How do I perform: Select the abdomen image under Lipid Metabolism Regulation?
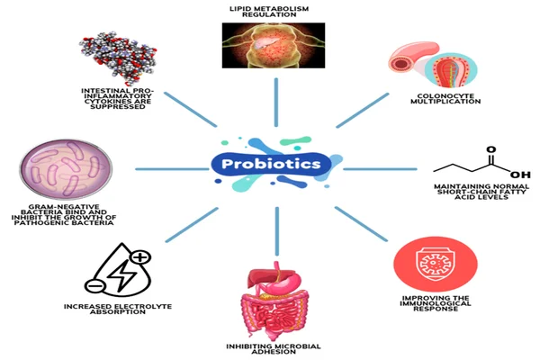[x=272, y=46]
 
